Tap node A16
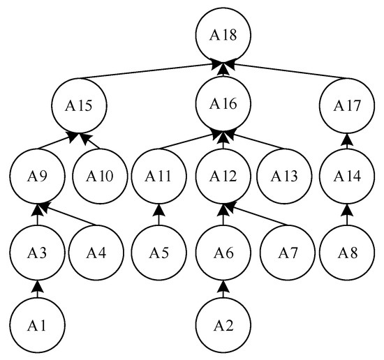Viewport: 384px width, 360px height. tap(223, 105)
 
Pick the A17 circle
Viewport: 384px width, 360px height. tap(347, 107)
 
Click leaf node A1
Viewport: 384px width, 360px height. tap(38, 324)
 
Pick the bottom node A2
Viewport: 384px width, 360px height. tap(223, 324)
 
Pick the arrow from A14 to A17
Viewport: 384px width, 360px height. tap(347, 142)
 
